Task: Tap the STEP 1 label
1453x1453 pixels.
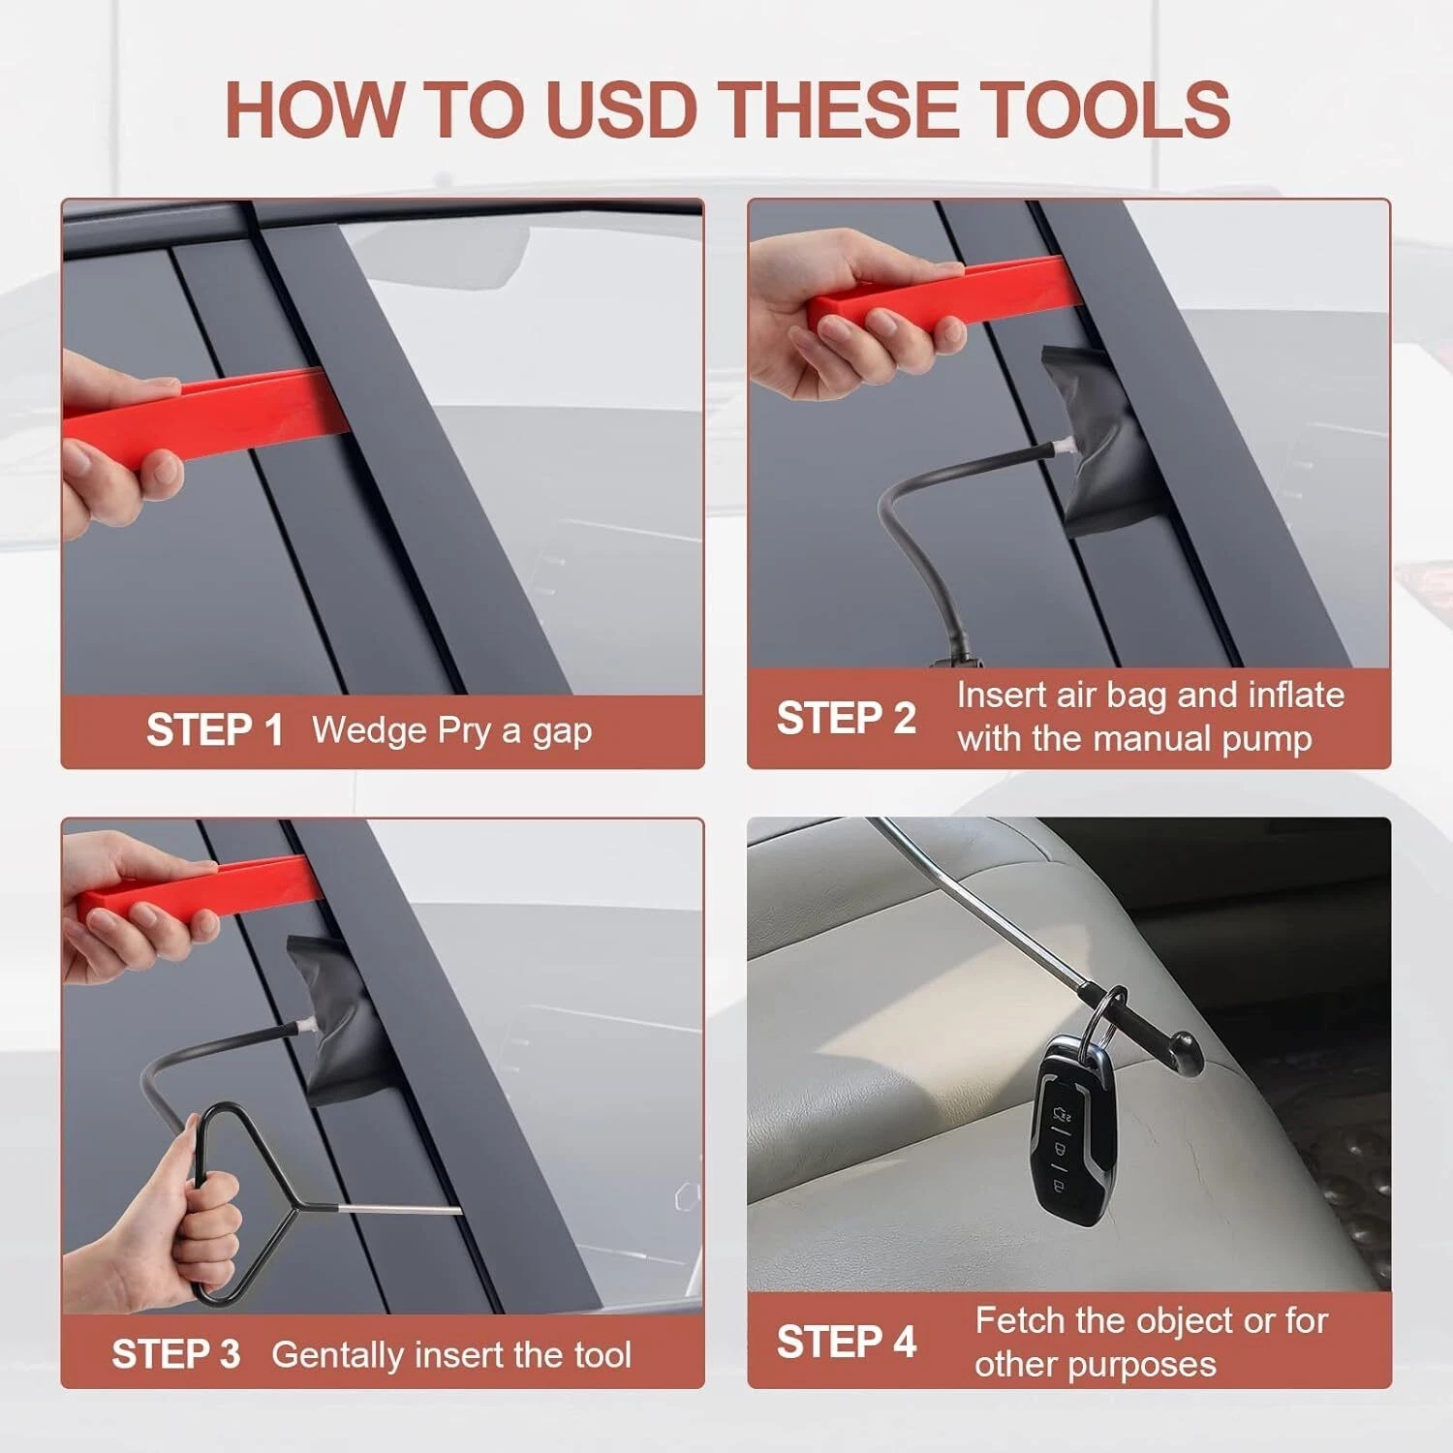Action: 214,730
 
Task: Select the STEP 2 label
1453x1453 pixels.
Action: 846,718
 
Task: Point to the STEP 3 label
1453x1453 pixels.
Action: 175,1354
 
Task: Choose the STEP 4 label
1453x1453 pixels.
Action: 846,1342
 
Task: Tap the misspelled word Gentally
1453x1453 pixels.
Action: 337,1355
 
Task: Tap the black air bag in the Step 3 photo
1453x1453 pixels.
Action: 335,1022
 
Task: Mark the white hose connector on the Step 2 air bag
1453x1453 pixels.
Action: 1064,446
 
